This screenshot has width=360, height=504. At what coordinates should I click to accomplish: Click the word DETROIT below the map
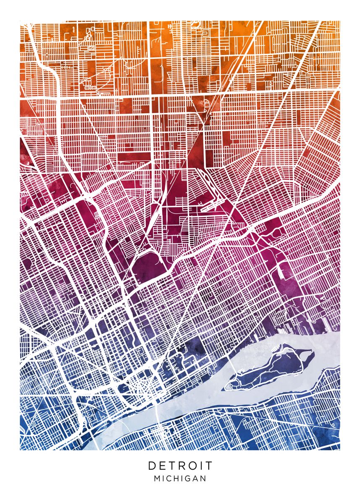coord(180,466)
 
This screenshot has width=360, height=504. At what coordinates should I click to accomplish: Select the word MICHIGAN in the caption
coord(180,478)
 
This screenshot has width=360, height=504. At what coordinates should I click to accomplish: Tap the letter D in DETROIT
coord(152,466)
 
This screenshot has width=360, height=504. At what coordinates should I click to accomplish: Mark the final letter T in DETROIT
coord(209,466)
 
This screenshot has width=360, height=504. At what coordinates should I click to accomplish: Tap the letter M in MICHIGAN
coord(157,478)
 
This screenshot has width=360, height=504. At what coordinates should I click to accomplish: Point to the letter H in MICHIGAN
coord(176,478)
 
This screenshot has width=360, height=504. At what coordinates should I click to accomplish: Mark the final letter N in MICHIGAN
coord(203,478)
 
